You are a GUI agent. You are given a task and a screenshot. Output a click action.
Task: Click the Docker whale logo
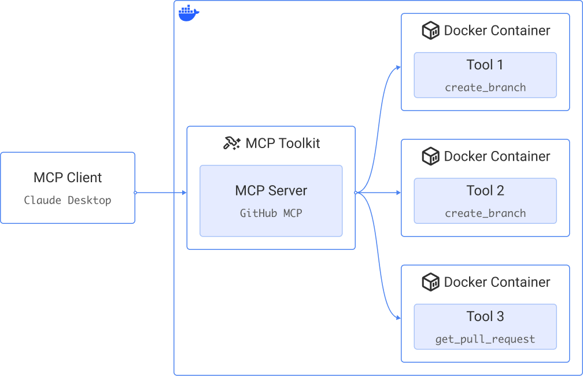(189, 13)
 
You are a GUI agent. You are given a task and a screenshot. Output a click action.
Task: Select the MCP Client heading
(68, 178)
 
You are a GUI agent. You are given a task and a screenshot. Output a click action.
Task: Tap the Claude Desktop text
(68, 200)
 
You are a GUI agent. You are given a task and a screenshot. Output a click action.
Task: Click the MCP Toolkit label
(282, 143)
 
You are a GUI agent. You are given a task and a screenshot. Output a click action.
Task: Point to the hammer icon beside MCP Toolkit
(231, 143)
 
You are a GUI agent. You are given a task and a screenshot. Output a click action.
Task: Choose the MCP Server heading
(271, 190)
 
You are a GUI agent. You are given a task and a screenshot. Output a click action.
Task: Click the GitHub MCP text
(271, 213)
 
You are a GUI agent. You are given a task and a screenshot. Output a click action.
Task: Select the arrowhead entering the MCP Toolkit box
(184, 193)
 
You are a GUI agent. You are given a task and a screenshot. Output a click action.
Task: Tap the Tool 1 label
(485, 65)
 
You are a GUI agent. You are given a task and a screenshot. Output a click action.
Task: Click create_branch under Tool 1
(485, 87)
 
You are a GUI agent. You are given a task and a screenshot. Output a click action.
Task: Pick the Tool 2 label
(485, 190)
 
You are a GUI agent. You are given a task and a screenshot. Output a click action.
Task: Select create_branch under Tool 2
(485, 213)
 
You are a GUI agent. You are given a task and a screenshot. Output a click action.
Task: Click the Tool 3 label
(485, 316)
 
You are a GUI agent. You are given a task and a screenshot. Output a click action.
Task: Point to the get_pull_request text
(485, 339)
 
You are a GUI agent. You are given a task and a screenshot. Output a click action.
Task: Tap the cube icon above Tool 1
(430, 31)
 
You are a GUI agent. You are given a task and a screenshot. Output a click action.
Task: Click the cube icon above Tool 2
(430, 156)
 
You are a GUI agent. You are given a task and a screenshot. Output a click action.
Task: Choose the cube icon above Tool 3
(430, 282)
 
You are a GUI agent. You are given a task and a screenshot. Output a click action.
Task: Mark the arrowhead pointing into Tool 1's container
(398, 67)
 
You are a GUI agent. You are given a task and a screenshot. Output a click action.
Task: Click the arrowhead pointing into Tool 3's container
(398, 318)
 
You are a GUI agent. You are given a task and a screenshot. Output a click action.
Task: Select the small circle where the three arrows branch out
(356, 193)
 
